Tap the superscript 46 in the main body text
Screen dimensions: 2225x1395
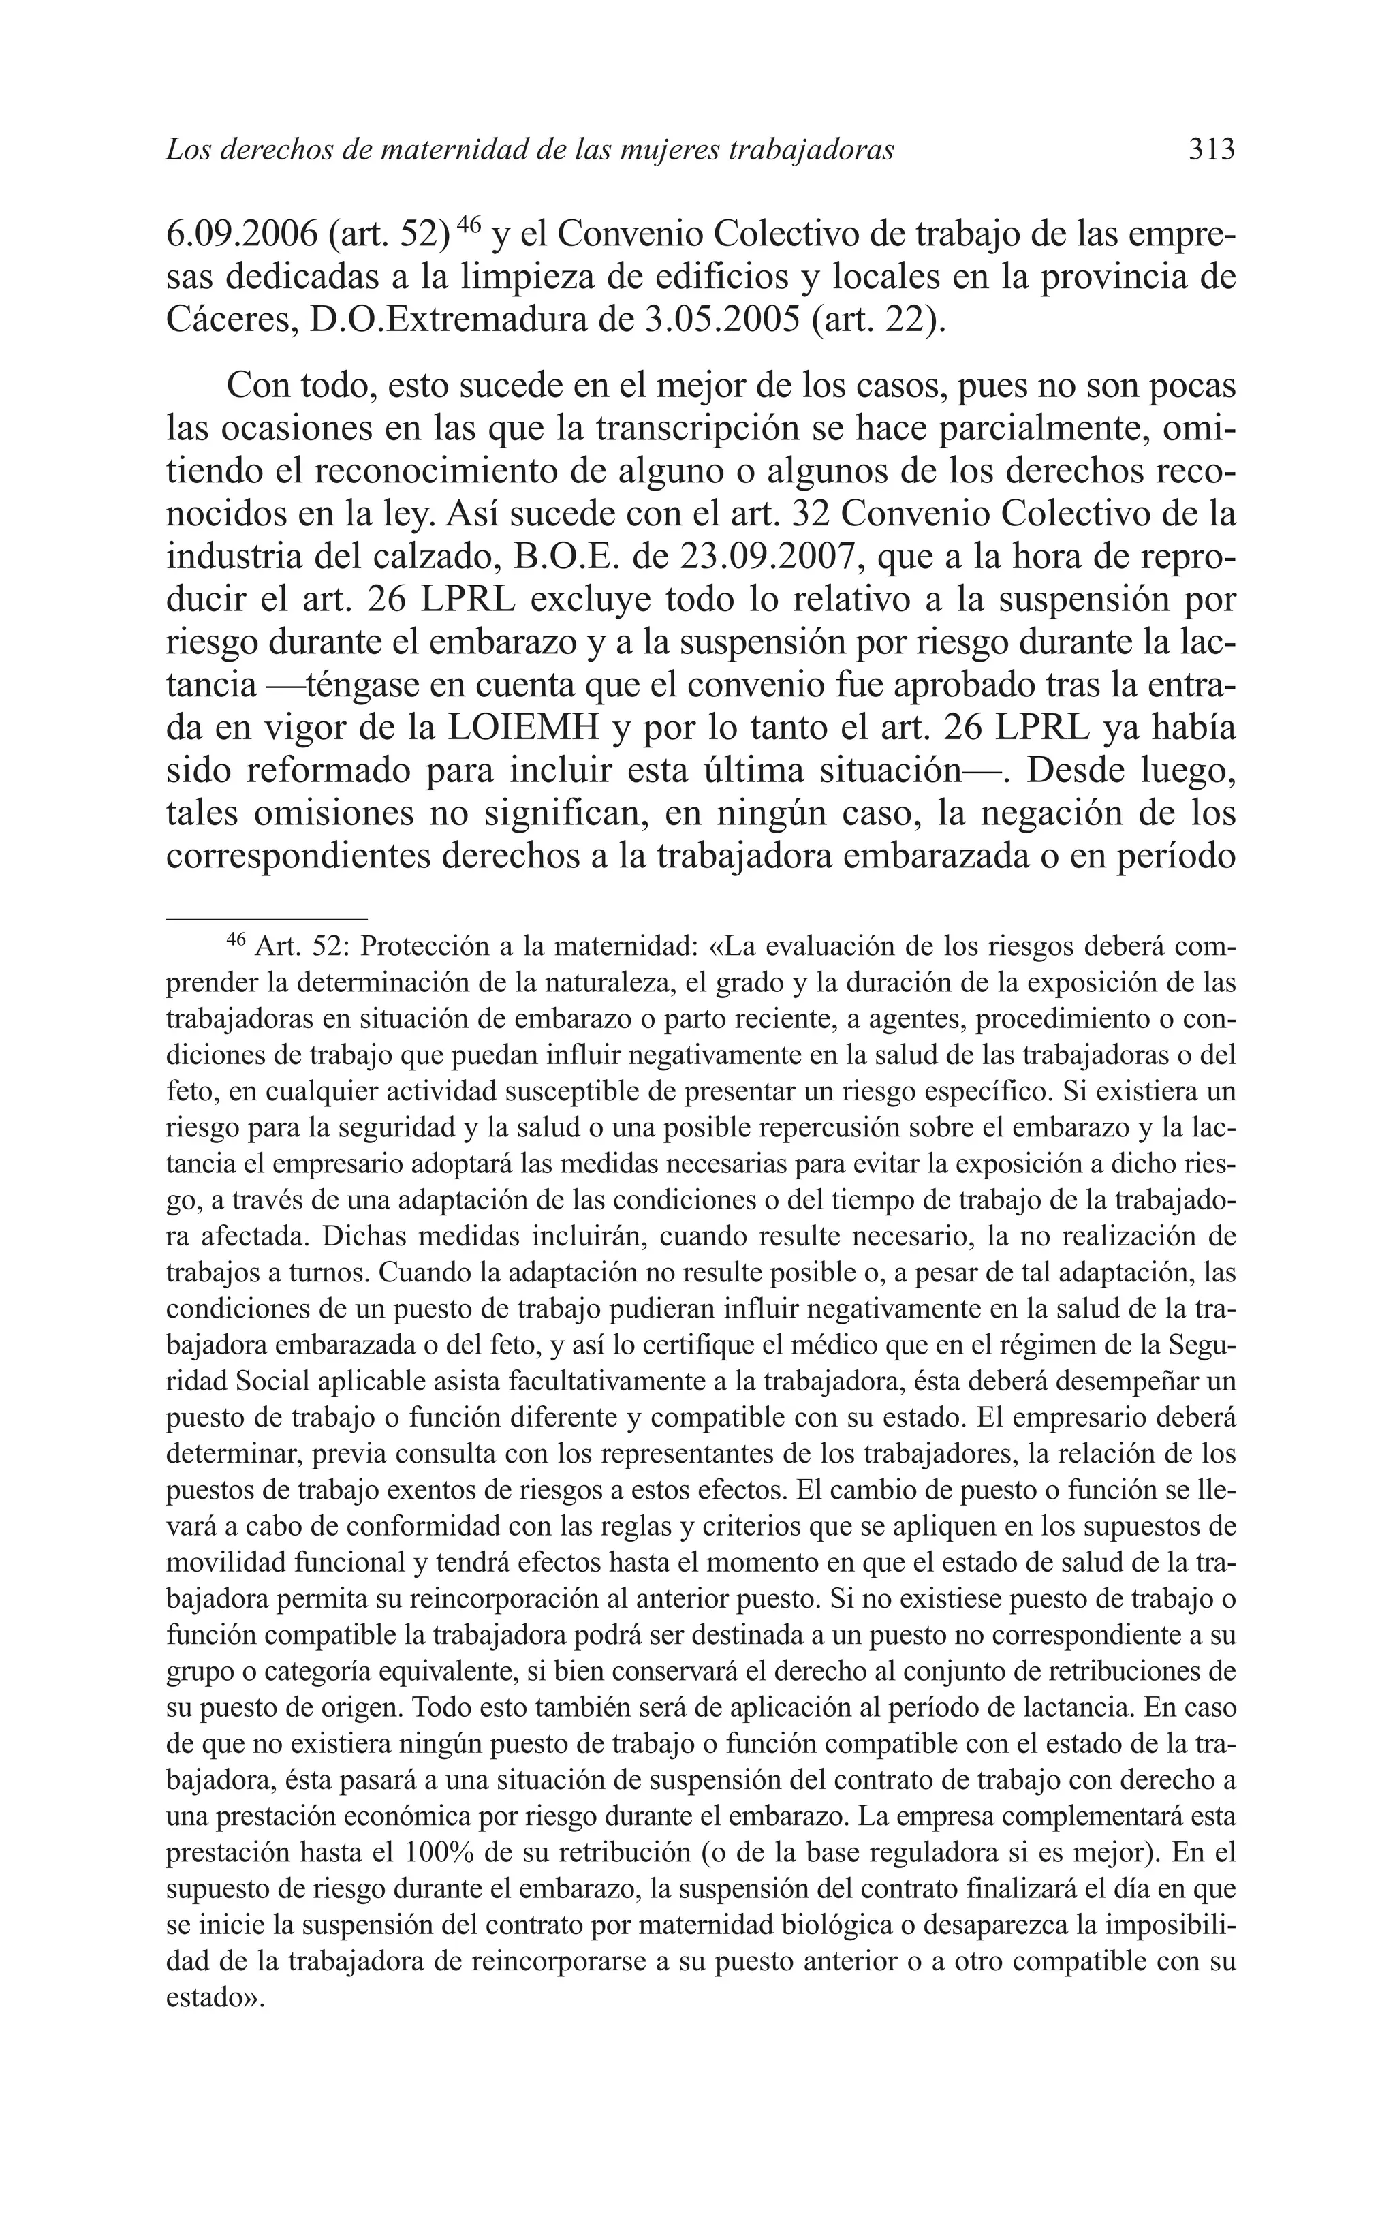(x=469, y=224)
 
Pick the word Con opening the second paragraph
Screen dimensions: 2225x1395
(x=253, y=386)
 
